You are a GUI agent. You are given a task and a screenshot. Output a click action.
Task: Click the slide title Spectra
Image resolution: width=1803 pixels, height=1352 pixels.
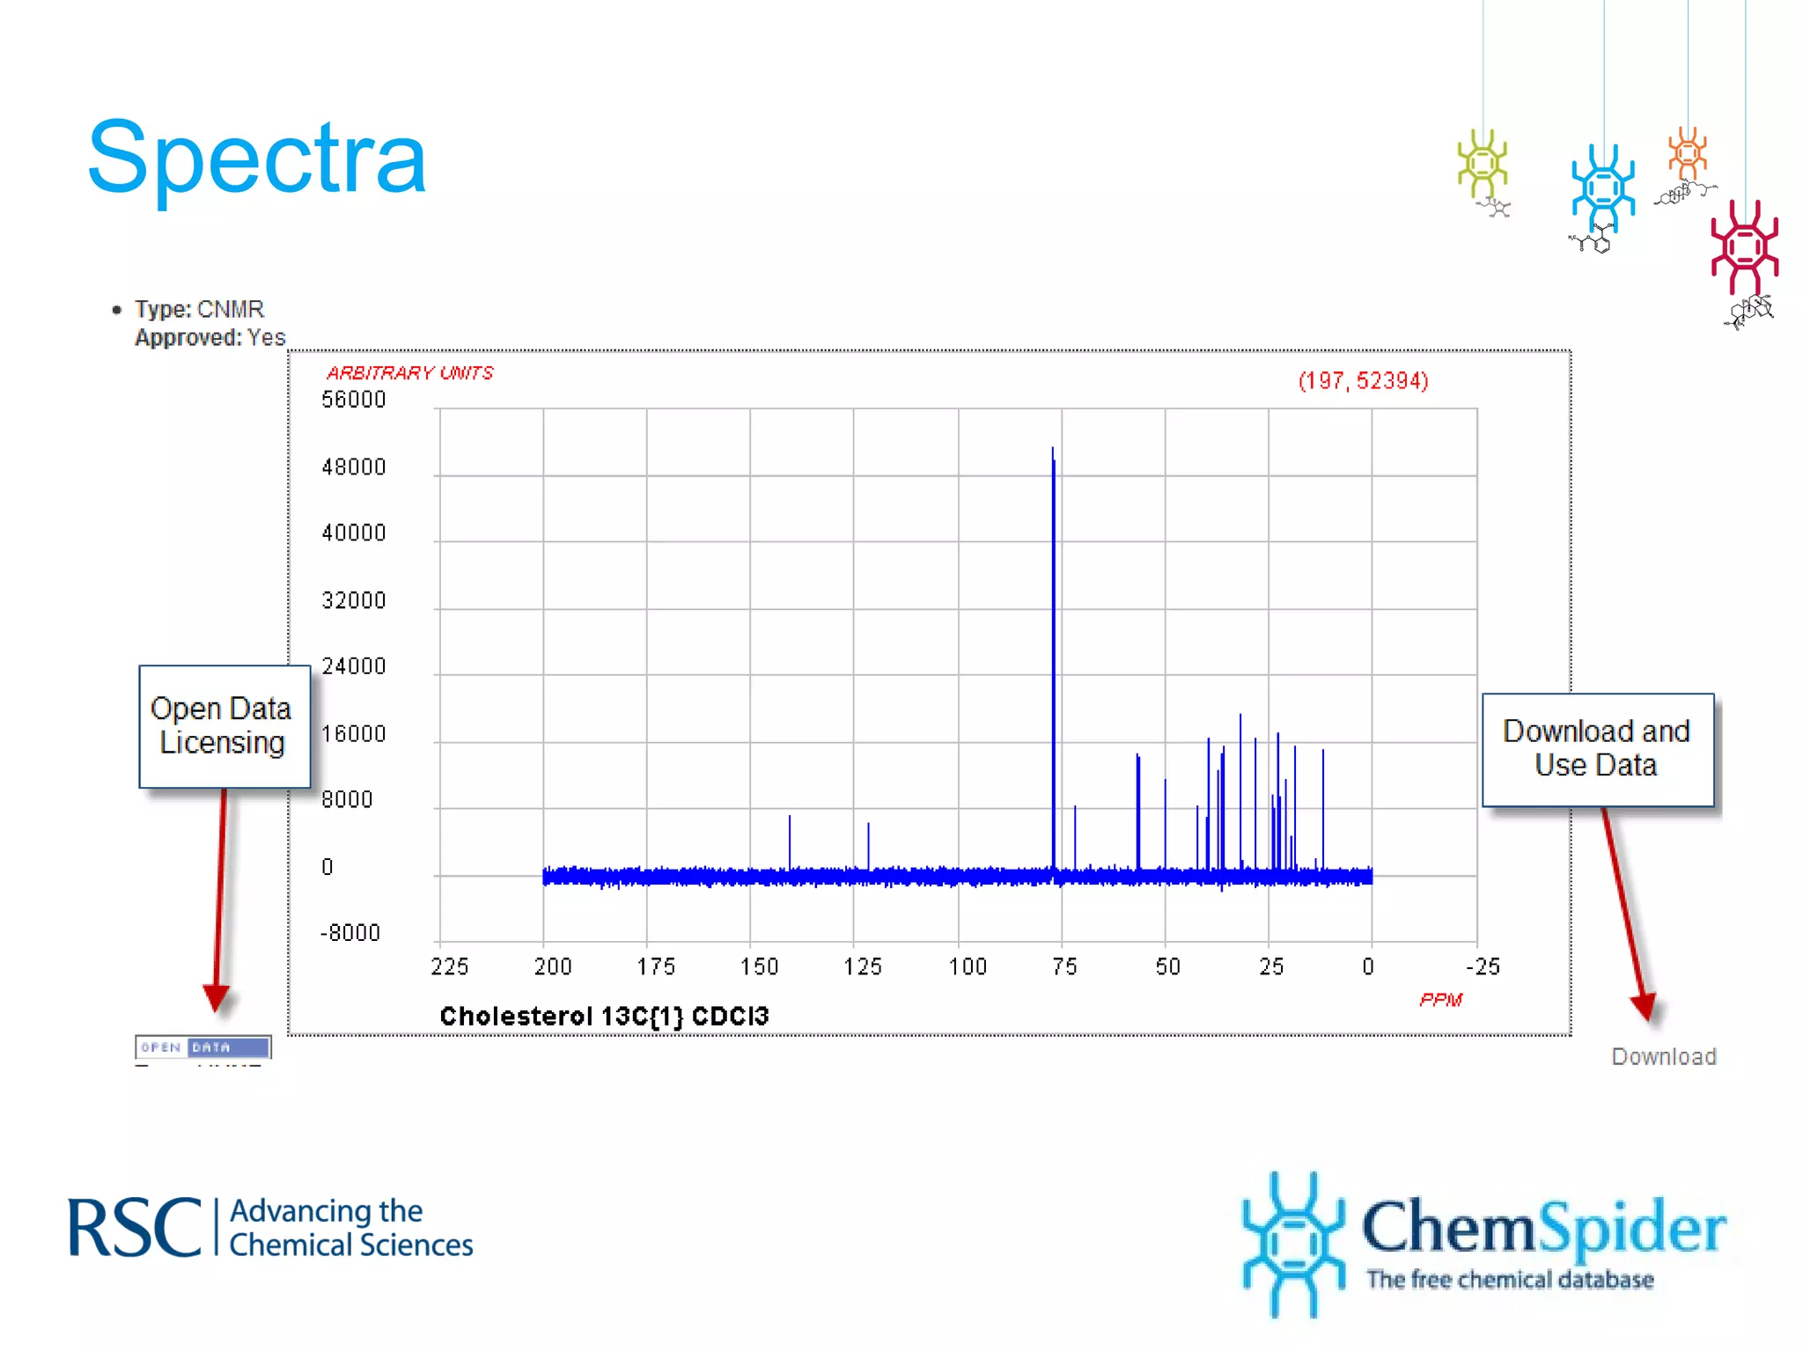pos(257,158)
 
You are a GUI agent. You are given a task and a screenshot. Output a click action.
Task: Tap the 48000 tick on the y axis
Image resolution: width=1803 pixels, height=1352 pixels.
pos(354,467)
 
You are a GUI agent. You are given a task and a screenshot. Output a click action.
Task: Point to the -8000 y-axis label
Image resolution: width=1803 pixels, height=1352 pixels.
pos(350,933)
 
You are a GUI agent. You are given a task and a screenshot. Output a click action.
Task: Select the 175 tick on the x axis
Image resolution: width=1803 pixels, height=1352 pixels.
pos(656,966)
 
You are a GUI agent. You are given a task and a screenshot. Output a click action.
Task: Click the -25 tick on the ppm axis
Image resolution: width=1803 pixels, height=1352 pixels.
pos(1483,966)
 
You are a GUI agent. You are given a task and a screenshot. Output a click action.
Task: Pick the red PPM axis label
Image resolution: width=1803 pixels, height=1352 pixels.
pos(1440,1000)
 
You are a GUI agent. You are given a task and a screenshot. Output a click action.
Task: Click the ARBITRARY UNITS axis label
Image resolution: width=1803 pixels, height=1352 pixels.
pos(409,373)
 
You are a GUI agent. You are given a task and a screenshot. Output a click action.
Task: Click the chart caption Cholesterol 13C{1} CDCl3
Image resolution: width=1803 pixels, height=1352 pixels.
pos(604,1017)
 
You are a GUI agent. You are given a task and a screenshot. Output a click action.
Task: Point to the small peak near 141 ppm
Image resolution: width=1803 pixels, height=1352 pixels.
pos(790,841)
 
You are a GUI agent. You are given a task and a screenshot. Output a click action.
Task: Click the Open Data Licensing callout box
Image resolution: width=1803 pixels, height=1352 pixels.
pos(224,726)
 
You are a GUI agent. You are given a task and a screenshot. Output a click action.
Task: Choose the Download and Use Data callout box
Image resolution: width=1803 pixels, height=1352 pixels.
pos(1597,749)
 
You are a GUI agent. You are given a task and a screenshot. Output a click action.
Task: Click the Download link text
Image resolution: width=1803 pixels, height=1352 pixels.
pos(1663,1056)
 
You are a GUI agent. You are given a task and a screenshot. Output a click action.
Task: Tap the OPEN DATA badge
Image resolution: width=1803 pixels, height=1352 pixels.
pos(202,1047)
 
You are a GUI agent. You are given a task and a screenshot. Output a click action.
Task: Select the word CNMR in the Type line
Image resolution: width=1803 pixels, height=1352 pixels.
pos(231,310)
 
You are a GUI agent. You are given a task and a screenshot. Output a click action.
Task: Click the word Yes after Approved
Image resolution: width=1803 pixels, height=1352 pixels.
pos(266,338)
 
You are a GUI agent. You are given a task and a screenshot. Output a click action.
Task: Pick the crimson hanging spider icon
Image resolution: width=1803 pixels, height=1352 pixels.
pos(1744,247)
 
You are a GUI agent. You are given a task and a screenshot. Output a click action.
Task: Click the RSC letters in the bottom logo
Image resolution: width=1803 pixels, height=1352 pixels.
pos(135,1228)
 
